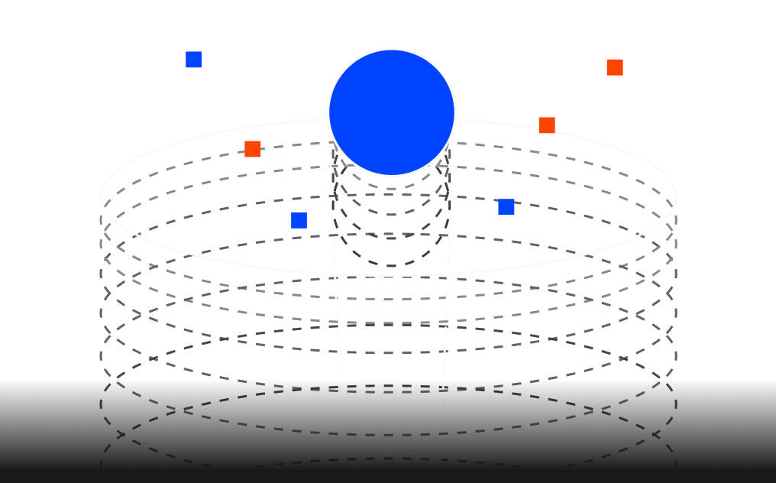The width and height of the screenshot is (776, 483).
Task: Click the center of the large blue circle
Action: pos(392,112)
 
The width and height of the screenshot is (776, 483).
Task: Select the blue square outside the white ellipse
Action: pos(193,60)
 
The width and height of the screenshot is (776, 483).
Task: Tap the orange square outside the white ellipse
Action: pos(615,67)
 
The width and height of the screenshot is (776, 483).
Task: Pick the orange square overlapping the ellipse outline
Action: pos(547,125)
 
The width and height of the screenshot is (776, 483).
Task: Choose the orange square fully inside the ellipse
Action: pos(253,149)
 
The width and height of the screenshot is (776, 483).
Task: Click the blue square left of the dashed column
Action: pos(299,221)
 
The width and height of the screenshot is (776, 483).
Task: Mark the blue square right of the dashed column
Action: pos(506,207)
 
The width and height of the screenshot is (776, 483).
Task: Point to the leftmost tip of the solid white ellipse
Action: pos(101,196)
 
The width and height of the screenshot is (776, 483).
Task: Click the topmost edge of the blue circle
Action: pos(392,49)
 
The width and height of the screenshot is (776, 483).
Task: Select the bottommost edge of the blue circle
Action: pos(392,176)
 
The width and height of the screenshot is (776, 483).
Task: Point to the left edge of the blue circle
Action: pos(328,112)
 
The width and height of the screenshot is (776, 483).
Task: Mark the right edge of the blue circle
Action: pos(455,112)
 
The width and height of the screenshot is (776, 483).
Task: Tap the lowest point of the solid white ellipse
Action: pos(389,275)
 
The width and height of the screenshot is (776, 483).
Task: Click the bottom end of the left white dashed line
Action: pos(342,462)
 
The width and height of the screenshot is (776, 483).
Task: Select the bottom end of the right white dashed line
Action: pos(441,462)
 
